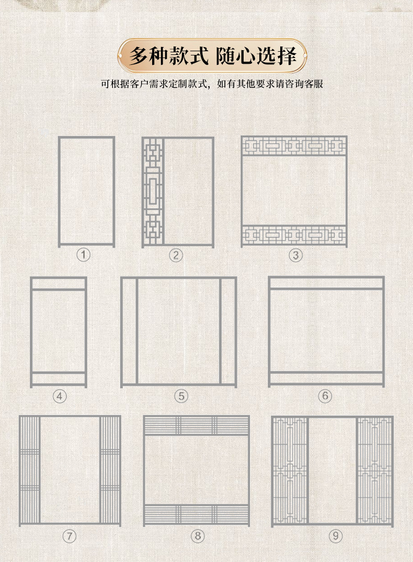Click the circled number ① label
coord(84,255)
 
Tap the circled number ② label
coord(176,255)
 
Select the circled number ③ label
coord(296,255)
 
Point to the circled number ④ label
coord(60,396)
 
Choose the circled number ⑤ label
coord(181,396)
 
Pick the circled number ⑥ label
coord(325,396)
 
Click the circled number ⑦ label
coord(69,536)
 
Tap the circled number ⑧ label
coord(197,536)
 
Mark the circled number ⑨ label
coord(335,536)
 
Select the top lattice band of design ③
coord(294,146)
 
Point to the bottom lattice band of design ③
coord(294,235)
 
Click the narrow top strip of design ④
coord(59,283)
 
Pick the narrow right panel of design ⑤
coord(228,331)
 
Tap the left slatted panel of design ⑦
coord(30,471)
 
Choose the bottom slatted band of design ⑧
coord(197,515)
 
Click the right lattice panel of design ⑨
coord(374,471)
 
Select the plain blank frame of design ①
coord(86,191)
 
